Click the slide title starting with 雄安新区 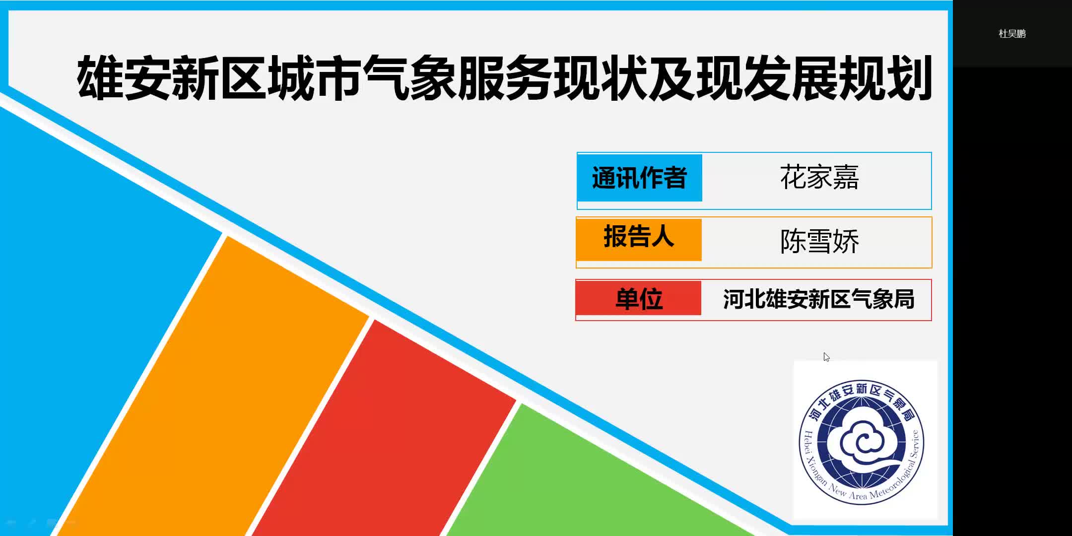[x=504, y=78]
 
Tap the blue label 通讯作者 [x=639, y=178]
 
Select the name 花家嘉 [x=819, y=177]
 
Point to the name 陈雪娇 [x=819, y=241]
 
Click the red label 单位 [x=639, y=298]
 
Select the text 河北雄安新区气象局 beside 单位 [x=819, y=299]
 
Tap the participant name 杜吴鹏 [x=1012, y=34]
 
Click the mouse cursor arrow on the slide [x=826, y=357]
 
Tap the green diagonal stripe [x=596, y=476]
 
